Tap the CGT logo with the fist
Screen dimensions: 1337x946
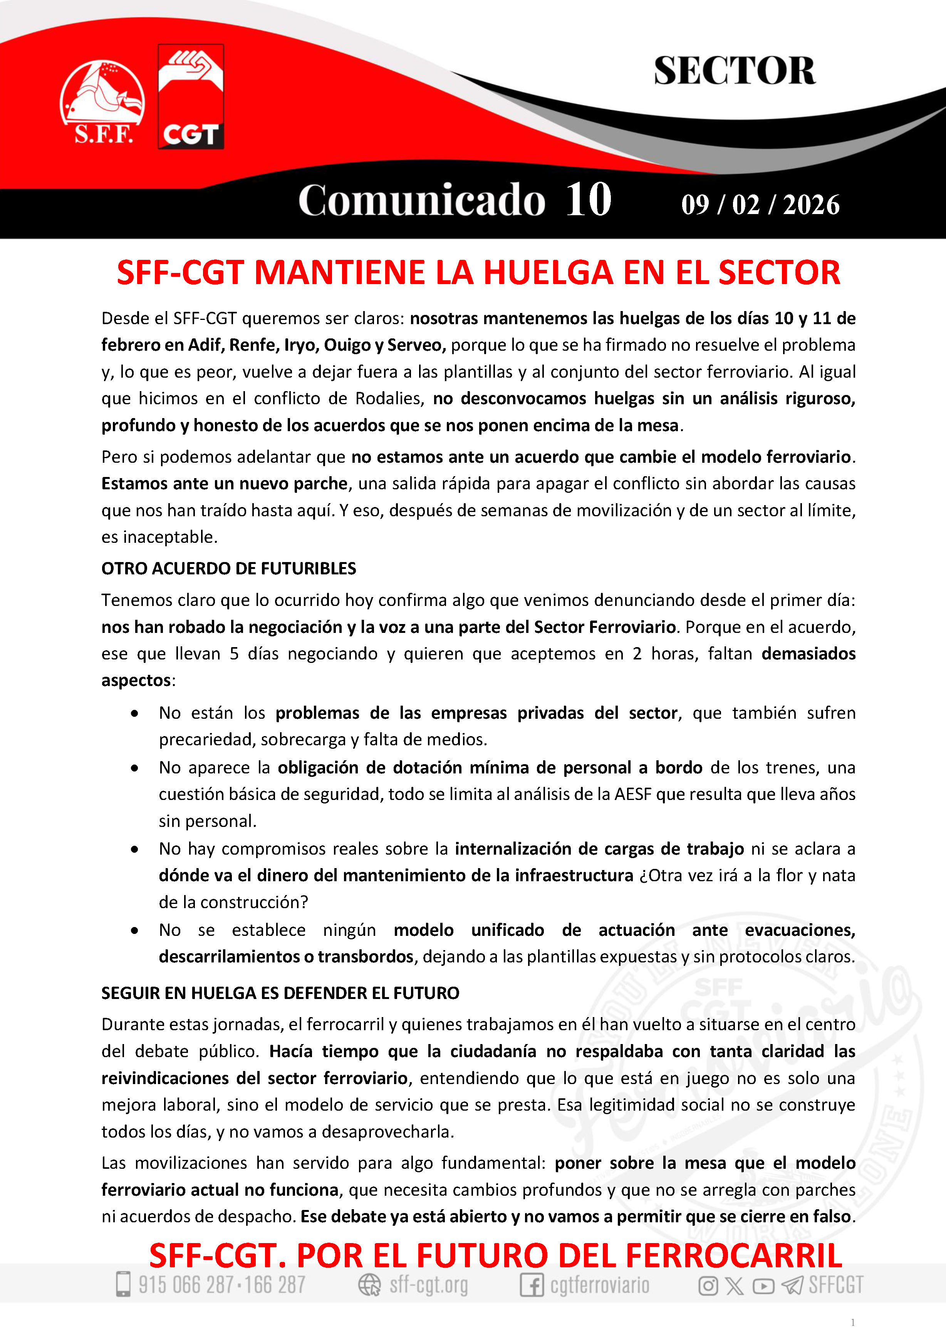point(191,96)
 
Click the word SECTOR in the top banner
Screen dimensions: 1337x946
point(734,71)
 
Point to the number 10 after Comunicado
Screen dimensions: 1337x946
point(588,200)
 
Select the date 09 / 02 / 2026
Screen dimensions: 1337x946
point(760,205)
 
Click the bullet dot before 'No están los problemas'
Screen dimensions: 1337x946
point(134,713)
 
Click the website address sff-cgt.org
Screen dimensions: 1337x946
point(429,1285)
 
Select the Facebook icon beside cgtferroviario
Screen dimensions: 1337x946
point(531,1285)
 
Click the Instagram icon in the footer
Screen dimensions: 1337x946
point(708,1285)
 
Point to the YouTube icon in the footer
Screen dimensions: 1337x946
point(763,1285)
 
